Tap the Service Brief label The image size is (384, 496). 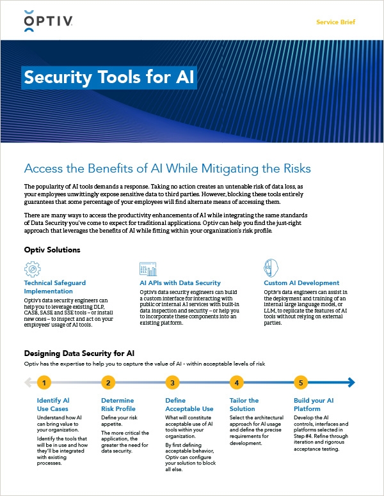(335, 22)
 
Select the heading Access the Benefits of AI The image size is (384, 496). (167, 169)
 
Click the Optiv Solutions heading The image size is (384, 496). (52, 249)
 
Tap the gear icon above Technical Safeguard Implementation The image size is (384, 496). (33, 268)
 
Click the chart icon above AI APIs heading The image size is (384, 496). (147, 268)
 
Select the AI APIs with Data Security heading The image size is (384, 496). (180, 283)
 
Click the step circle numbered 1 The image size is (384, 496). (44, 383)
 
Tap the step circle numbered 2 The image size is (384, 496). (109, 383)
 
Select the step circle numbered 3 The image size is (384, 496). (172, 383)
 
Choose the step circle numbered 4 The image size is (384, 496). (237, 383)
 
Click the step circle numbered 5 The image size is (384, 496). (301, 383)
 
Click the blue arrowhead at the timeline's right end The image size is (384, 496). (351, 383)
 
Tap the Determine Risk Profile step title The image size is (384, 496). (118, 405)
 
